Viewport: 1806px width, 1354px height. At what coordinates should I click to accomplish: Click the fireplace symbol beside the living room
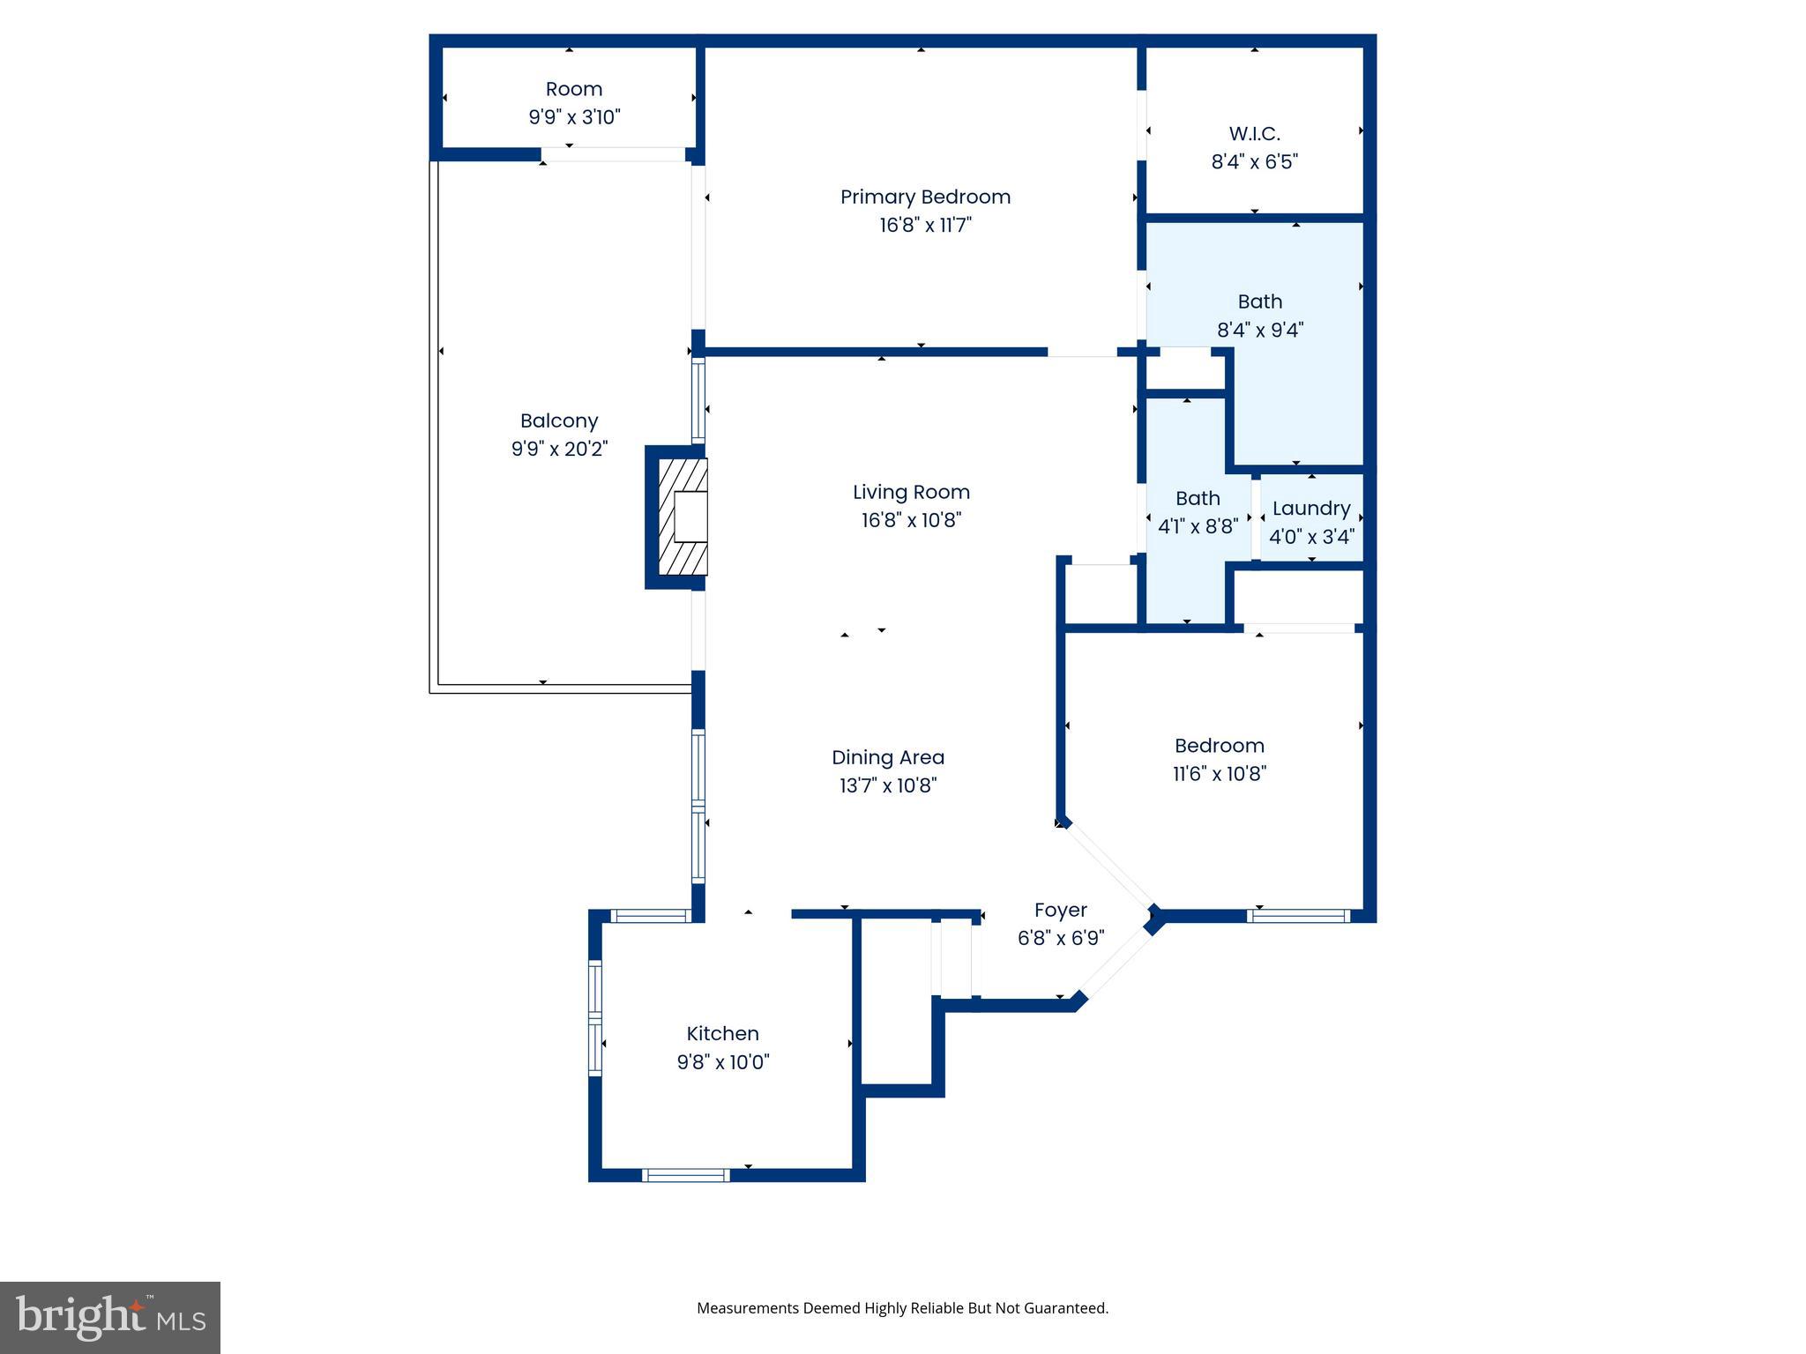683,517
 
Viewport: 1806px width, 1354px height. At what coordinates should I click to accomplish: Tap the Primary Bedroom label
925,197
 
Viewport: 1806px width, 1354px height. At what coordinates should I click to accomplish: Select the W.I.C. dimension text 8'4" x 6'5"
1254,162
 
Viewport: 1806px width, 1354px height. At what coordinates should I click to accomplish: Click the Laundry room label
1311,509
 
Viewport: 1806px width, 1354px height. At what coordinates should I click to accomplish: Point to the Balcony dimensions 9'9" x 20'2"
559,450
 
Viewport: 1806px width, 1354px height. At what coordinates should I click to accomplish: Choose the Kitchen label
722,1033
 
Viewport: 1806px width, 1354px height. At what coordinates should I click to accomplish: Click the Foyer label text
1060,910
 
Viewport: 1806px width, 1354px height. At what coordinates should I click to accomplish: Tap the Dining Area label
887,757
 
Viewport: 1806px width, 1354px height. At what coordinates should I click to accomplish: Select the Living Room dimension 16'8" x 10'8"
911,520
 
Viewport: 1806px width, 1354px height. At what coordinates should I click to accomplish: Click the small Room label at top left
574,89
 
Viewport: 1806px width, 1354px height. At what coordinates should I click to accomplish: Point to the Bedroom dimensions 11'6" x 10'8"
1220,774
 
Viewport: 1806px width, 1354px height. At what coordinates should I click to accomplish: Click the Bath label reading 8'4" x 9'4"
1259,301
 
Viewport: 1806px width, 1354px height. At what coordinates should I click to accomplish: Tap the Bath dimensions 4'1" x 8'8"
1198,527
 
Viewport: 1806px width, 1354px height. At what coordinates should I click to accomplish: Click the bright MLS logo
110,1317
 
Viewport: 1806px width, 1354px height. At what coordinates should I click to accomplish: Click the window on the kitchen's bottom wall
686,1175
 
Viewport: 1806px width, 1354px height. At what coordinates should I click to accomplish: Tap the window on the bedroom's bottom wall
1298,916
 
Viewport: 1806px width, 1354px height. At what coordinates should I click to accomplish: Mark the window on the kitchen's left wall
595,1017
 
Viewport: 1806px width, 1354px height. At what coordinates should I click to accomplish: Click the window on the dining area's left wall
698,806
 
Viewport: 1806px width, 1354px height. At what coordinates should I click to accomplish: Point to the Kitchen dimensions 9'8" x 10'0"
722,1062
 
